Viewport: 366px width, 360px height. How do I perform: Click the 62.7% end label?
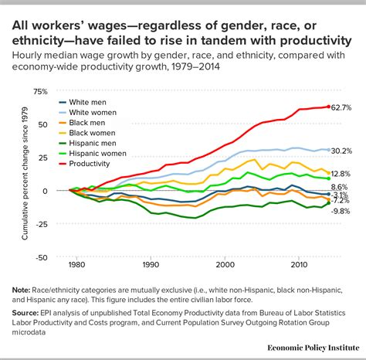coord(343,107)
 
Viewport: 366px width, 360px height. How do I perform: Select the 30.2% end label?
coord(343,151)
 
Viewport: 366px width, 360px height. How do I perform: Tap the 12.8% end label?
coord(343,174)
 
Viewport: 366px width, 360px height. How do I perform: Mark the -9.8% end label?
coord(341,211)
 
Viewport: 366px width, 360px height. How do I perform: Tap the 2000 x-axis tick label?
coord(225,265)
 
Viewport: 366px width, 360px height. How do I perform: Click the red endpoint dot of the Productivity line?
coord(329,107)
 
